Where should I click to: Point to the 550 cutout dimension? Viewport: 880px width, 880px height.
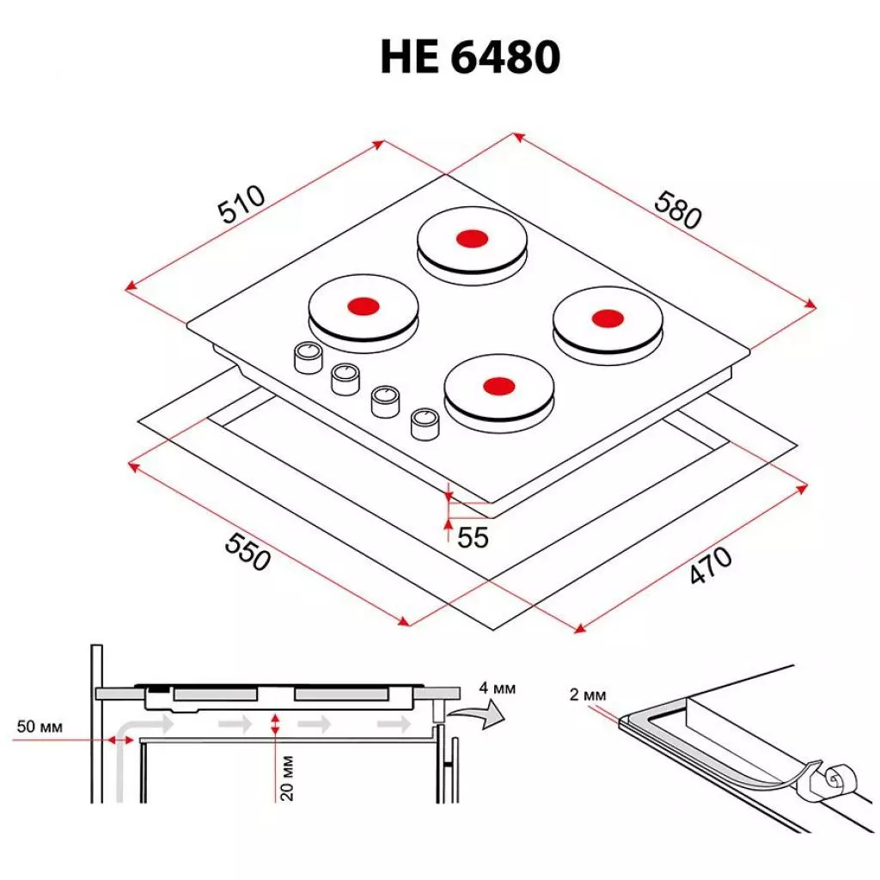247,551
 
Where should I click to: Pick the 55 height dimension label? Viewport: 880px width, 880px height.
473,537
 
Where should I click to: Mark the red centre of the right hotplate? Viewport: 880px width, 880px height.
607,318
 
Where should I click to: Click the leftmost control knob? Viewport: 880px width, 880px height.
307,357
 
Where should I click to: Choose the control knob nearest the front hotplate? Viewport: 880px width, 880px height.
424,422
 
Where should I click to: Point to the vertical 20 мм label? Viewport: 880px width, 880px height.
289,778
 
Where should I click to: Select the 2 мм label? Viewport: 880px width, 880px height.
588,695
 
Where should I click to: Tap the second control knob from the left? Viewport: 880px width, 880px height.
345,377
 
